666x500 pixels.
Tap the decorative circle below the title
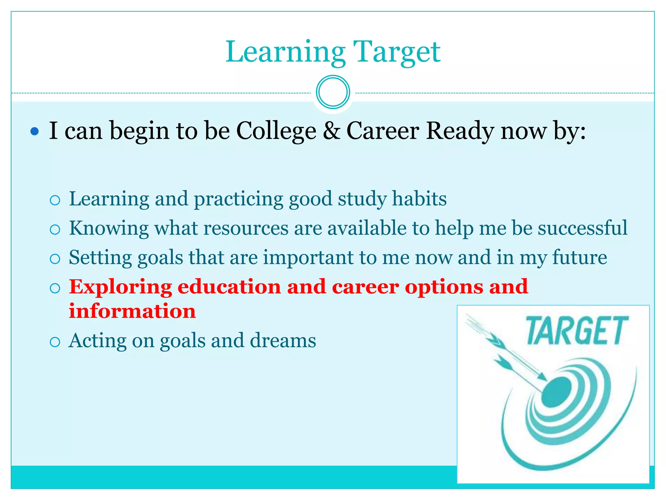333,92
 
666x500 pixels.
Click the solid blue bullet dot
34,132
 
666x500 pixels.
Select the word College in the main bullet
276,131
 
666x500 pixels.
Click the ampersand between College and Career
331,131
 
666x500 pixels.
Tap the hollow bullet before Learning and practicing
55,200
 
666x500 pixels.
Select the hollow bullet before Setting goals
55,259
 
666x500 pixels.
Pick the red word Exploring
120,287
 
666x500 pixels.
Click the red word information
132,311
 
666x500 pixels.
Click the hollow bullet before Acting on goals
55,342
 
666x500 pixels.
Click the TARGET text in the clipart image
577,331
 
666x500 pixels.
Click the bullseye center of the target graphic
556,392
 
